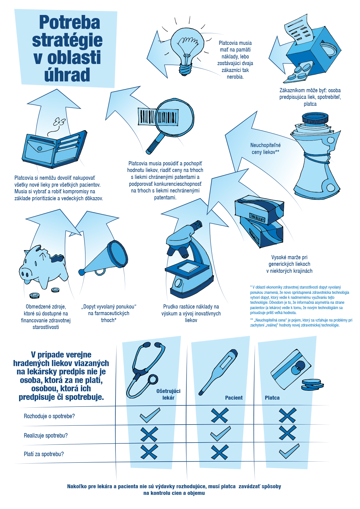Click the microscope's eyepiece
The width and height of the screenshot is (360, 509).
click(197, 224)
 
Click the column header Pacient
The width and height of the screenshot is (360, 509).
click(234, 398)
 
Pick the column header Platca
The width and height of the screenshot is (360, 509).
click(272, 398)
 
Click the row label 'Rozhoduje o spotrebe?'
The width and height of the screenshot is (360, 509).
click(49, 416)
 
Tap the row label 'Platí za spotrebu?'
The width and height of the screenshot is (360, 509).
click(44, 454)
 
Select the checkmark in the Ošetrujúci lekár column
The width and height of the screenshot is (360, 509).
click(150, 415)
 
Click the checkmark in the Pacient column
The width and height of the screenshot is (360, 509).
click(220, 434)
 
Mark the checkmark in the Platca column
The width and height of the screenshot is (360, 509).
click(289, 451)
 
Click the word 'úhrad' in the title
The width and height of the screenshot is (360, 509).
click(67, 74)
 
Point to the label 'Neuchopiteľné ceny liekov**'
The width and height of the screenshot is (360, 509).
click(265, 149)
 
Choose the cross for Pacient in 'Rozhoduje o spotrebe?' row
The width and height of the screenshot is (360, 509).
click(220, 415)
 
